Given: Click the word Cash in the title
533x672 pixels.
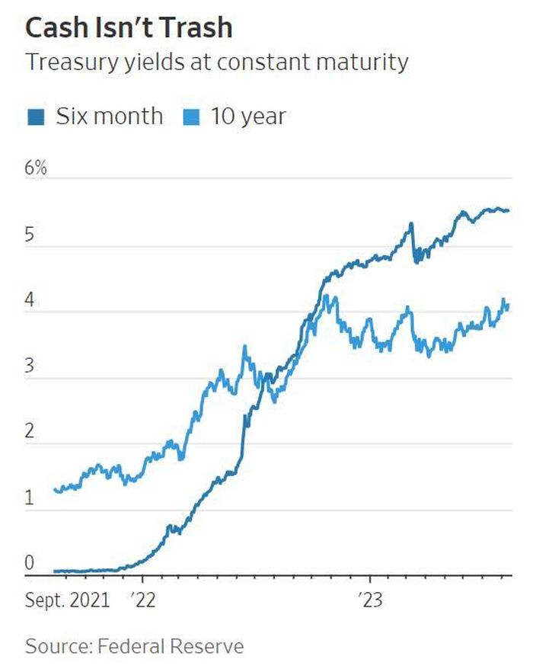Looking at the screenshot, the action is (x=56, y=27).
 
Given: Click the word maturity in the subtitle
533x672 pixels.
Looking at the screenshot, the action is (x=362, y=62).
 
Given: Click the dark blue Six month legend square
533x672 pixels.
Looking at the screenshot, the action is (x=36, y=117).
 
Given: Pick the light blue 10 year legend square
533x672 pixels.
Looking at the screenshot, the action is (x=192, y=117).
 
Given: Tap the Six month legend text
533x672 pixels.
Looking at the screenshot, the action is (x=110, y=116).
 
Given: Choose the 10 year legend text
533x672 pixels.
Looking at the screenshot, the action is (x=248, y=117).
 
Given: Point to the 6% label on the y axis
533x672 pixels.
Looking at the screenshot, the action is (x=36, y=167).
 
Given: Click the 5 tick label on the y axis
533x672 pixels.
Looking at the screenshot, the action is (x=29, y=235).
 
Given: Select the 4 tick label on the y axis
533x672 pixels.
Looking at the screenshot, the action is (x=29, y=299).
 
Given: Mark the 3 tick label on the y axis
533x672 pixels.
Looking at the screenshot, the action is (x=29, y=366).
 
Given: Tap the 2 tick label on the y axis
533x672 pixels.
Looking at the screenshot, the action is (x=29, y=430).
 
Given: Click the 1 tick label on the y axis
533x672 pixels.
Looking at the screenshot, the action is (x=29, y=498).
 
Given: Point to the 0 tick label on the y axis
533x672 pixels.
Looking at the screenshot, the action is (x=29, y=563).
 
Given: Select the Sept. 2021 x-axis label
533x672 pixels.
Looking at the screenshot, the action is (x=68, y=600).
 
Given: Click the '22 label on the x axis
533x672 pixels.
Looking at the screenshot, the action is (x=142, y=600).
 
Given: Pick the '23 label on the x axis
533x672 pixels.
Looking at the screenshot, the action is (x=370, y=600).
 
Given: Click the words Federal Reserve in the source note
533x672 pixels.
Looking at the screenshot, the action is (x=171, y=646).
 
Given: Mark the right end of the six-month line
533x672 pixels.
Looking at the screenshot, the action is (x=508, y=210).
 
